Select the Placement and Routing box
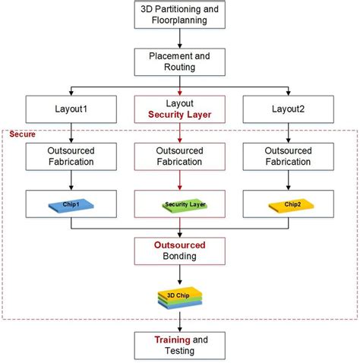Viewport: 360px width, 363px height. (179, 62)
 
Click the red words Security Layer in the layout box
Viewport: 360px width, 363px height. (180, 115)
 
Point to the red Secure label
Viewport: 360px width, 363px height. (22, 134)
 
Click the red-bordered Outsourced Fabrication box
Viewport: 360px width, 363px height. (180, 156)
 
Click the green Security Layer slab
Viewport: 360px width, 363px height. (180, 204)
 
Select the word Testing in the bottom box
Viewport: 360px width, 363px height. (180, 352)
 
